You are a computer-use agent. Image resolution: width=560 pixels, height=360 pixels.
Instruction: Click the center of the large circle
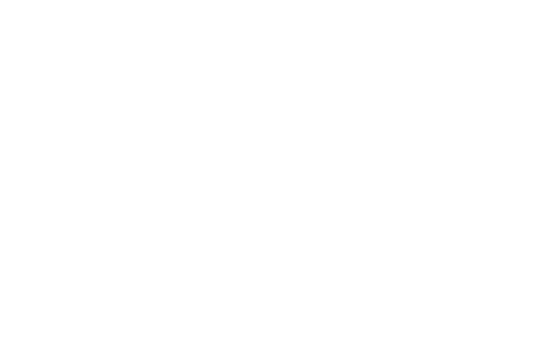[x=96, y=188]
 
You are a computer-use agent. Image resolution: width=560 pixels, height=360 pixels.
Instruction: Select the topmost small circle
[x=496, y=66]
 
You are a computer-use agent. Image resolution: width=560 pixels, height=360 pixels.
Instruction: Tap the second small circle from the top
[x=496, y=144]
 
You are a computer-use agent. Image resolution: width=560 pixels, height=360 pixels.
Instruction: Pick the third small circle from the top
[x=496, y=220]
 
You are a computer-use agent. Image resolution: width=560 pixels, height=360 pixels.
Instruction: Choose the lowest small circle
[x=496, y=296]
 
